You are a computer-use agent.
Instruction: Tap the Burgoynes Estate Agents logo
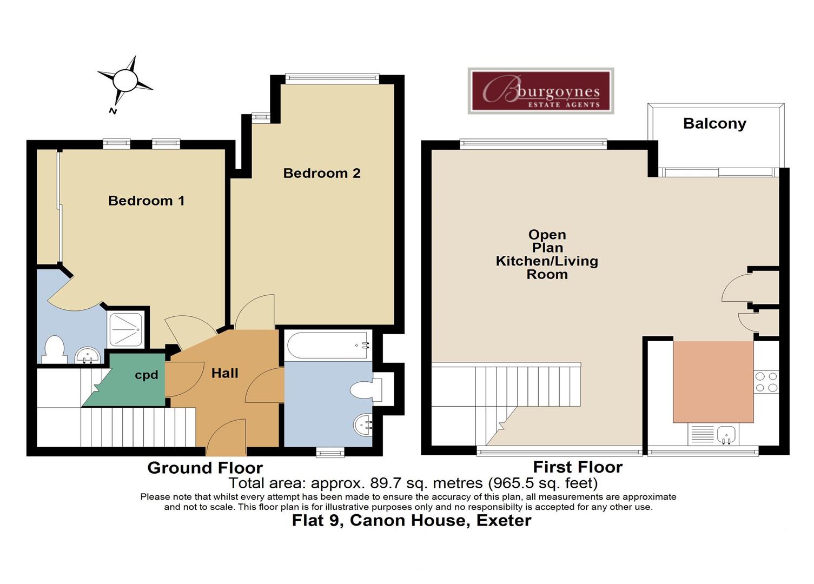(540, 91)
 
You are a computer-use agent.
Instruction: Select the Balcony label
(714, 124)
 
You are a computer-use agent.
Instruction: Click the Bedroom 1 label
(146, 201)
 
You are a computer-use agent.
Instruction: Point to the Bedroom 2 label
(321, 173)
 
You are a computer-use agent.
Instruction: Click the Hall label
(224, 373)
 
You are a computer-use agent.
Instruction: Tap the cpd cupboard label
(146, 375)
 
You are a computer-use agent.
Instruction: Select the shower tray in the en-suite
(125, 329)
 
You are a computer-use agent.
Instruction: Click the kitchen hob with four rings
(766, 382)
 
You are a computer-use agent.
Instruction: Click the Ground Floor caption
(204, 468)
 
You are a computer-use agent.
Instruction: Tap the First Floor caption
(578, 467)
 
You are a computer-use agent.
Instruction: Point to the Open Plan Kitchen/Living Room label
(547, 254)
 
